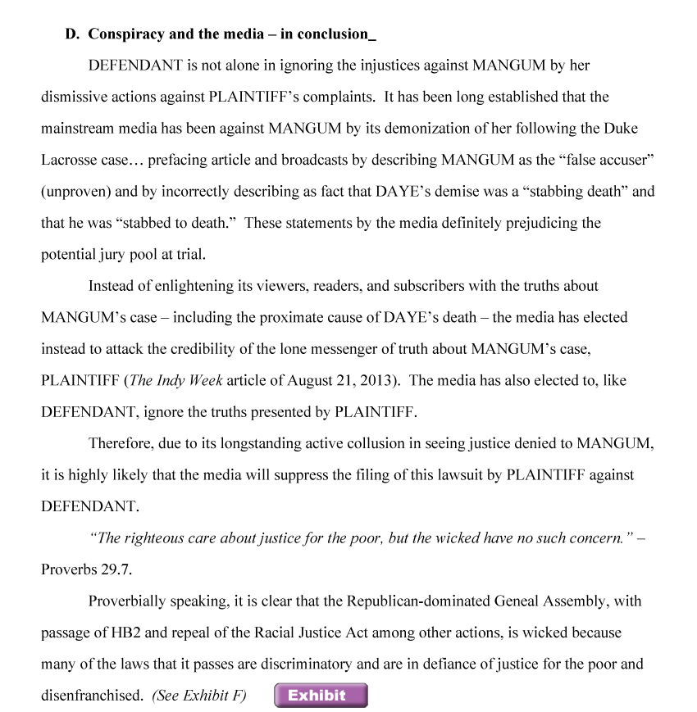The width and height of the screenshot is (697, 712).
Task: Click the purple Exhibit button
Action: tap(321, 696)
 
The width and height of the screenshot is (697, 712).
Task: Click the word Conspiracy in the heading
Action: tap(125, 34)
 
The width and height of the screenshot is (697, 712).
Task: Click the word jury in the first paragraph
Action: tap(116, 254)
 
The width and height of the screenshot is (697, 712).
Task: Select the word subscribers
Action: tap(427, 286)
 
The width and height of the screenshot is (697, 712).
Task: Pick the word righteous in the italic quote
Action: tap(152, 538)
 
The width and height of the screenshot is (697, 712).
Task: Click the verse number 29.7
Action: tap(116, 569)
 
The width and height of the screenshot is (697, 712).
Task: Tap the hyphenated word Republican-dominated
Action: tap(417, 601)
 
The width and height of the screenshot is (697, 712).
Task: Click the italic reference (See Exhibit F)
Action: tap(199, 696)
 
